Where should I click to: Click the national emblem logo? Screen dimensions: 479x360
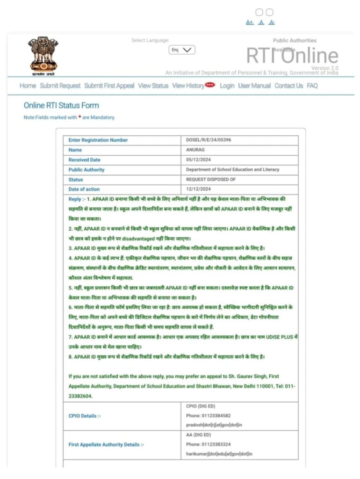tap(43, 55)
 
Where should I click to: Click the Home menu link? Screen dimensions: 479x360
tap(28, 86)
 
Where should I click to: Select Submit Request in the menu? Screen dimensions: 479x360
tap(60, 86)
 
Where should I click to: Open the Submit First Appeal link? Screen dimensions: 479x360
tap(109, 86)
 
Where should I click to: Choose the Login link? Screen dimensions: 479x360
tap(227, 86)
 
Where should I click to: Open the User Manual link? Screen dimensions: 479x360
tap(254, 86)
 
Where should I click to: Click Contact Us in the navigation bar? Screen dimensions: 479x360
tap(288, 86)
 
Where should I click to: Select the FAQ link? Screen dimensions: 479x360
tap(312, 86)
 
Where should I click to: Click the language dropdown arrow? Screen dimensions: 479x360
tap(188, 50)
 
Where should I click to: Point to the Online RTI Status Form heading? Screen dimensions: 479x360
tap(61, 105)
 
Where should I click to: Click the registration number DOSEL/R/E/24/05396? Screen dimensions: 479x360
tap(208, 140)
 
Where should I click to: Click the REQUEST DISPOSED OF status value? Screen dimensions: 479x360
tap(211, 179)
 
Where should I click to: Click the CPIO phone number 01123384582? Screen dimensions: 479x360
tap(208, 415)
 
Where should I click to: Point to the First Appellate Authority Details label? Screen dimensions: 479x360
tap(106, 444)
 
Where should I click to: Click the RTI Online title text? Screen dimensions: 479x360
tap(292, 56)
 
